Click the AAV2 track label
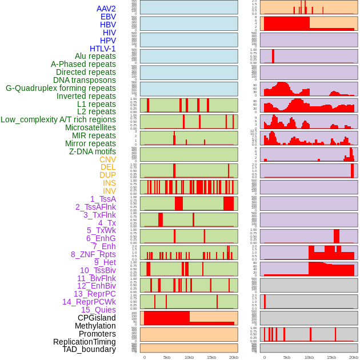coord(106,9)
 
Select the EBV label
coord(108,17)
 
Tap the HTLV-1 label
coord(102,49)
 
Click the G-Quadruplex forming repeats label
coord(61,88)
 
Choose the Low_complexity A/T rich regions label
coord(58,119)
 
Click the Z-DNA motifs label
coord(93,151)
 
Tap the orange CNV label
coord(107,159)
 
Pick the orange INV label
coord(109,191)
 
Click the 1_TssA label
coord(103,199)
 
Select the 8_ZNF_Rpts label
coord(93,254)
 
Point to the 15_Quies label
coord(98,310)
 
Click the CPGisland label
coord(97,318)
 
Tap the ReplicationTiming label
coord(84,342)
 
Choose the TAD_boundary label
coord(89,349)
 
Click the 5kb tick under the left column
coord(167,357)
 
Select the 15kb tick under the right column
coord(331,357)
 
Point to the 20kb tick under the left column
coord(233,357)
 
